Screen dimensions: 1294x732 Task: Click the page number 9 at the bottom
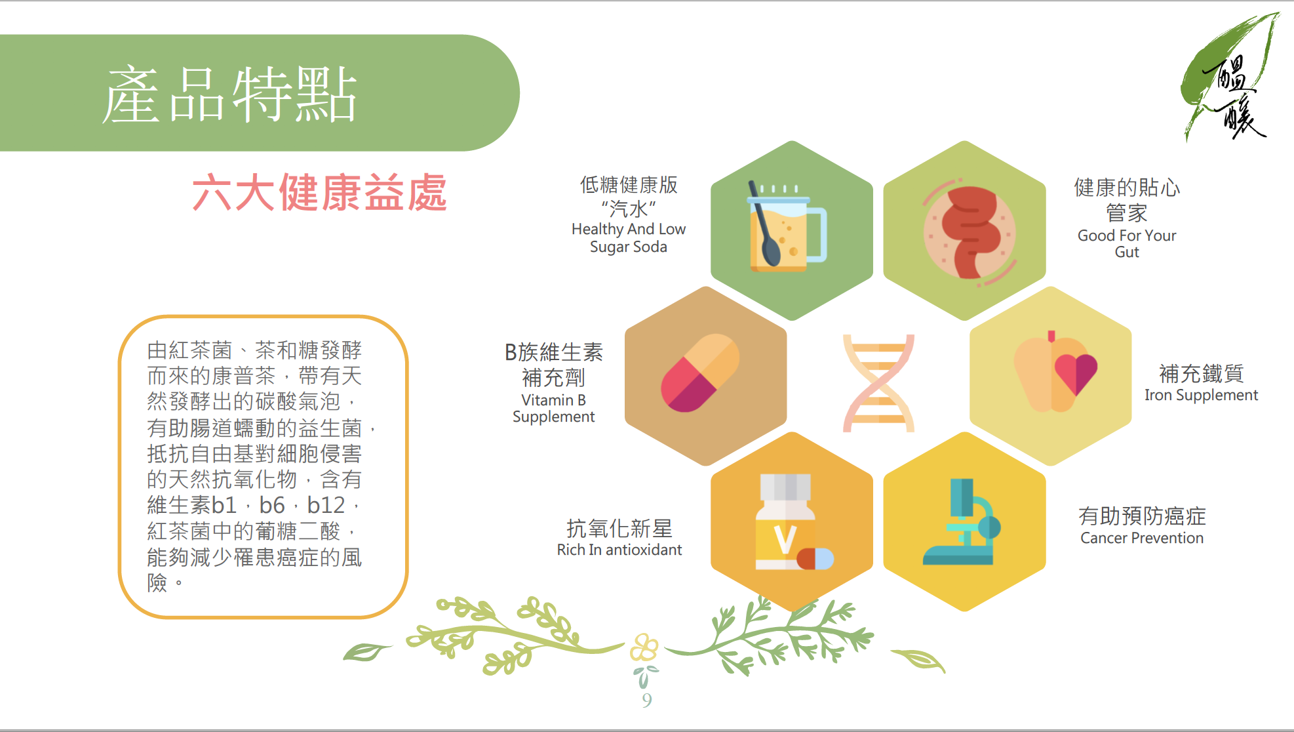[x=647, y=701]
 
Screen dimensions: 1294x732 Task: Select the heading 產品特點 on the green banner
[x=229, y=94]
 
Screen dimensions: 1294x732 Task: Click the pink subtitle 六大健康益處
[x=319, y=192]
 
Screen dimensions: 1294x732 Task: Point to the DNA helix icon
[x=878, y=383]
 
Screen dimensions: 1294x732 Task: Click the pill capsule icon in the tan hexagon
[x=699, y=373]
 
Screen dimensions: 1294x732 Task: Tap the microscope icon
[x=962, y=522]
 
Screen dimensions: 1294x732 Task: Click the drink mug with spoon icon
[x=787, y=226]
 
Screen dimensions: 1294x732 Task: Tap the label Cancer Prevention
[x=1142, y=538]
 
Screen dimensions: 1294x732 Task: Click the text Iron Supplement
[x=1201, y=395]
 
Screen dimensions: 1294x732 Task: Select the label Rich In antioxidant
[x=619, y=550]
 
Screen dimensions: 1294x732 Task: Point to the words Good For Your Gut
[x=1127, y=243]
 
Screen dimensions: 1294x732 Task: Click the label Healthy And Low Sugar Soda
[x=629, y=237]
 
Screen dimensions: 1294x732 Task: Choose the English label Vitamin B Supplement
[x=553, y=408]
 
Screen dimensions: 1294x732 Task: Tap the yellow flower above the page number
[x=644, y=648]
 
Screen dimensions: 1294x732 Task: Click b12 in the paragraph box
[x=326, y=505]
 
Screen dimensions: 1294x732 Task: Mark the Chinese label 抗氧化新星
[x=619, y=528]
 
